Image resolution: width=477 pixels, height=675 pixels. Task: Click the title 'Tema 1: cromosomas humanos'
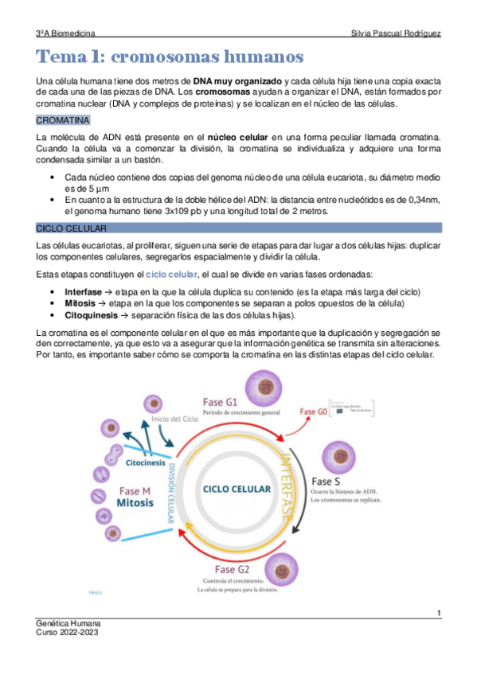(170, 57)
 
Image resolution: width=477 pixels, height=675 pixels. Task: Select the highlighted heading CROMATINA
(64, 120)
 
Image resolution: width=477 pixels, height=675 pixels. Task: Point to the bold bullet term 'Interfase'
(83, 293)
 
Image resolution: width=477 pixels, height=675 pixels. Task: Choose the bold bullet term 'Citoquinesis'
(92, 315)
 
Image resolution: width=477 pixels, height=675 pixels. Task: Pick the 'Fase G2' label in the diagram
(233, 570)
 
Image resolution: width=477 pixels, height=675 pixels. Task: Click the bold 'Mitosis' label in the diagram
(140, 503)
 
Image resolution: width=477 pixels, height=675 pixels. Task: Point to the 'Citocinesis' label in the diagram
(147, 462)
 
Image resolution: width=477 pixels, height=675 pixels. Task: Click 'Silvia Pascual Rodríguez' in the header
(396, 33)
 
